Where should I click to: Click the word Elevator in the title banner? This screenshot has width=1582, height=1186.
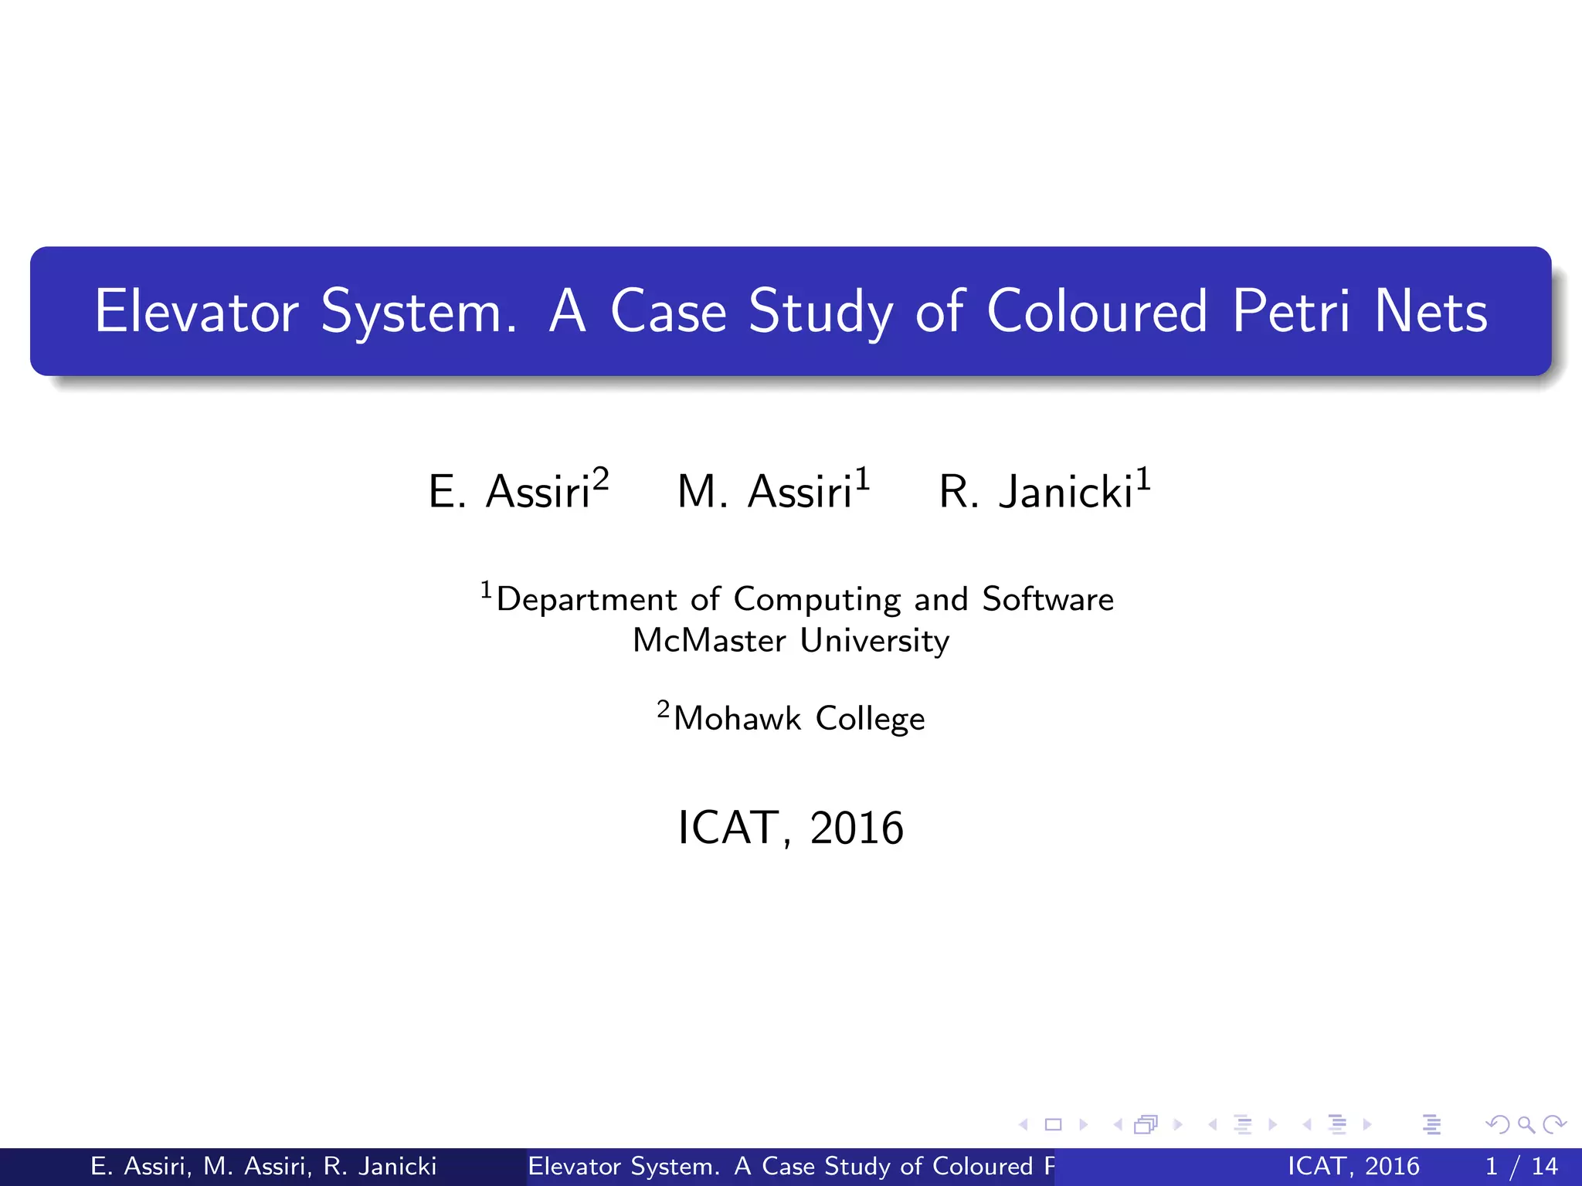click(196, 311)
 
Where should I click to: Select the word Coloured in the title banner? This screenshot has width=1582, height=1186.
click(1097, 311)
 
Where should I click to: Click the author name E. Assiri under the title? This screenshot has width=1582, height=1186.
click(509, 491)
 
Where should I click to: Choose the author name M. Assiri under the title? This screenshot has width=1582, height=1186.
click(764, 491)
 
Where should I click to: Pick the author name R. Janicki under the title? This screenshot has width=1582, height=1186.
click(1035, 491)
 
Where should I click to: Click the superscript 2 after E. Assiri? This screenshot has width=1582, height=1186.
click(601, 479)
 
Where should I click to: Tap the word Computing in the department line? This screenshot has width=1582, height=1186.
click(817, 600)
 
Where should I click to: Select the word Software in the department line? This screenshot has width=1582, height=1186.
click(1047, 599)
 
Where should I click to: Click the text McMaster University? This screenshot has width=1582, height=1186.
click(791, 640)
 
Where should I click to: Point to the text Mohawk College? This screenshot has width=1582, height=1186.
click(799, 718)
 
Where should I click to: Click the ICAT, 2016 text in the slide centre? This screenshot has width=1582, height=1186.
click(790, 828)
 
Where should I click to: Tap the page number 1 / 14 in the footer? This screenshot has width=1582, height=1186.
click(1521, 1166)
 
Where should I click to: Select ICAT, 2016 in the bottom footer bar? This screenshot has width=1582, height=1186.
click(1353, 1166)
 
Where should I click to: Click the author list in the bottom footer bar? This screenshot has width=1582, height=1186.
click(263, 1166)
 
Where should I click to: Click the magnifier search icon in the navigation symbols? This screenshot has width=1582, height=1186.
click(1526, 1124)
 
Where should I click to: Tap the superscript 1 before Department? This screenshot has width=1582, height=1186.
click(486, 590)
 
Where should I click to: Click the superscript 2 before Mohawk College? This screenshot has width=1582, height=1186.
click(664, 709)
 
